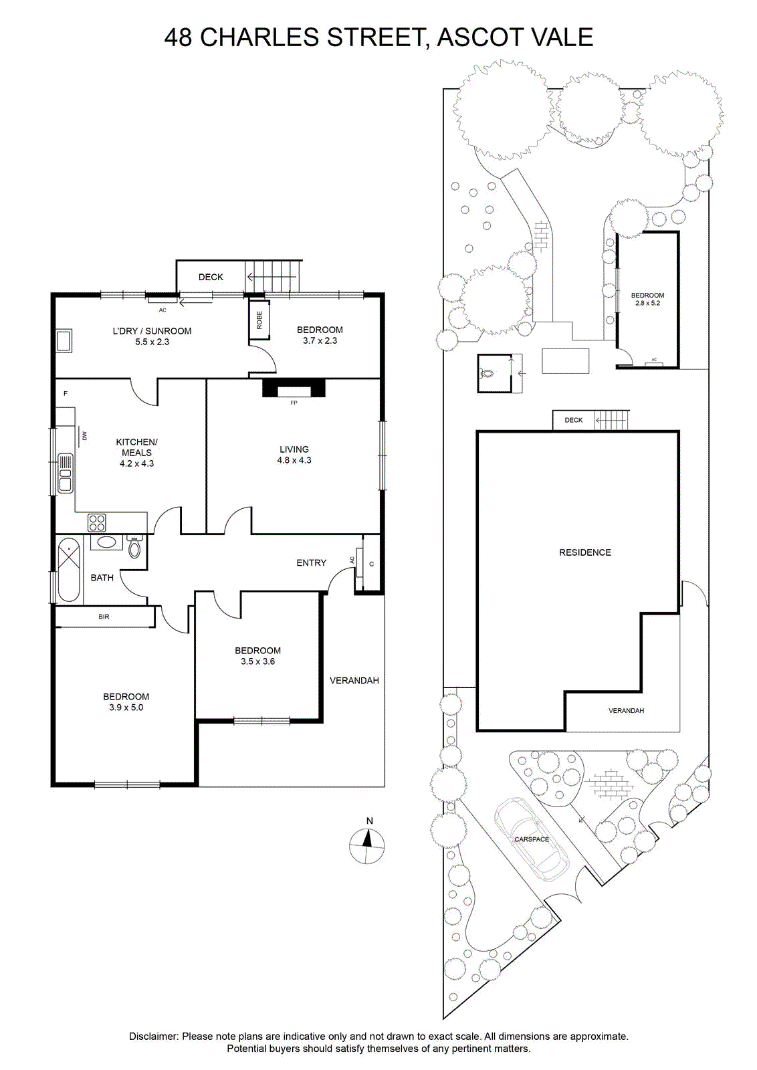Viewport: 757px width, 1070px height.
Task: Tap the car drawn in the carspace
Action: click(x=531, y=839)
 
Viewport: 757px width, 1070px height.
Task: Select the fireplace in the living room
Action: click(x=294, y=387)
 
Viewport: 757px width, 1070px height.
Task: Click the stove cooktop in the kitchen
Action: click(x=97, y=522)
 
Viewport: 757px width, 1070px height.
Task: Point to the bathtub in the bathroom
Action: click(x=69, y=569)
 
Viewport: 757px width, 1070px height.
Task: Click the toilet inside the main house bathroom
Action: click(x=134, y=546)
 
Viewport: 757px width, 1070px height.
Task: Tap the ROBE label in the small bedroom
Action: click(x=259, y=320)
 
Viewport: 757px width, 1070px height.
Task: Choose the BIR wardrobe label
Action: click(x=104, y=617)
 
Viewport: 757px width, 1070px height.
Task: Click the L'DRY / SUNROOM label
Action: click(x=152, y=330)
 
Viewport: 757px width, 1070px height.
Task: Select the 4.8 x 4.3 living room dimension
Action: click(x=294, y=460)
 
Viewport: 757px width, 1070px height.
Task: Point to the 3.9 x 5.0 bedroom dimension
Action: click(x=126, y=708)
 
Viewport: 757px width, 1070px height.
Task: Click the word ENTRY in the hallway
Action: click(x=312, y=562)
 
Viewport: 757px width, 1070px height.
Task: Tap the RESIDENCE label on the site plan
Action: click(x=585, y=552)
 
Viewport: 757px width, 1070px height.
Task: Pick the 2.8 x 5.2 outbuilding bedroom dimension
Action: click(x=647, y=303)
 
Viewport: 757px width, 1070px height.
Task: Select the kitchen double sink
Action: click(x=66, y=473)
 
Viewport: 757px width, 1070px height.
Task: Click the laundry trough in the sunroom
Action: click(x=64, y=341)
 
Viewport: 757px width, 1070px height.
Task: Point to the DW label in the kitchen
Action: click(x=84, y=435)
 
